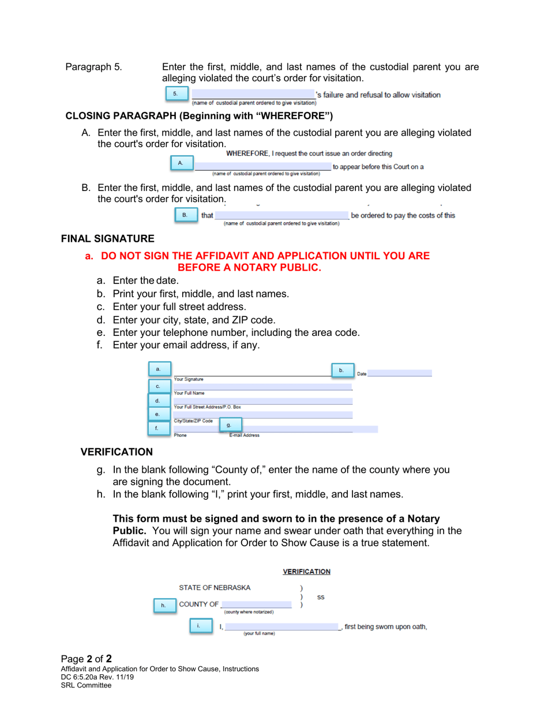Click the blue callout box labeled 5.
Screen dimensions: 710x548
175,94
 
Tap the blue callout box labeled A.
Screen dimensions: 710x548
181,163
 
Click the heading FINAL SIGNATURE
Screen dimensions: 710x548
108,238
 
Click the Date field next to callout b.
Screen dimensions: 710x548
399,373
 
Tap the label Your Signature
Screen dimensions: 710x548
189,379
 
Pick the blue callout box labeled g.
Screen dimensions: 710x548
229,425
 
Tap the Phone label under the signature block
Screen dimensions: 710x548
181,435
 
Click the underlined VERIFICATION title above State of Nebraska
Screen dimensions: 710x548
306,571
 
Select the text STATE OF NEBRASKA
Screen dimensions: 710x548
215,588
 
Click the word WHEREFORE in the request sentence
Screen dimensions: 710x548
249,154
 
